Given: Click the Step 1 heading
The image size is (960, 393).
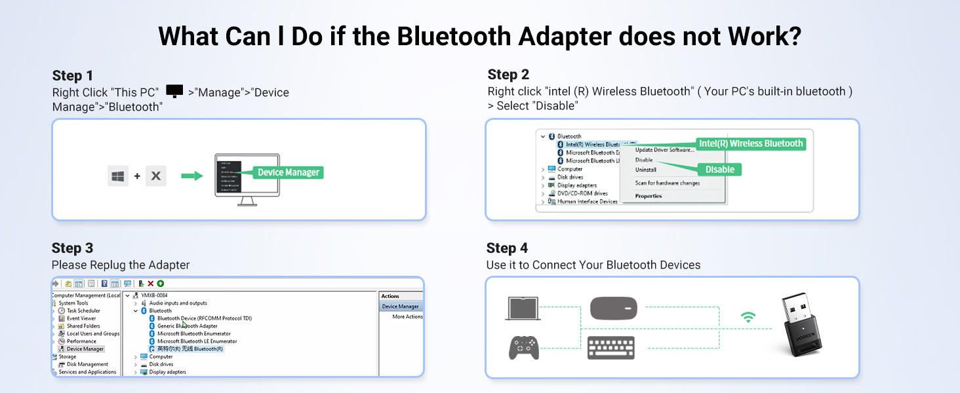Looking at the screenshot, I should point(73,75).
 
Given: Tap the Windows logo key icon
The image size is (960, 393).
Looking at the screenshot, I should point(118,176).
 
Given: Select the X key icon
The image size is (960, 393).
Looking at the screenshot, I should point(156,176).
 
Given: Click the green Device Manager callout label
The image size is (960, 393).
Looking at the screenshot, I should point(289,172).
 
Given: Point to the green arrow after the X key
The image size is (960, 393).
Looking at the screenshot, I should point(192,176).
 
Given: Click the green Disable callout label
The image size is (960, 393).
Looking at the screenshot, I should point(719,170).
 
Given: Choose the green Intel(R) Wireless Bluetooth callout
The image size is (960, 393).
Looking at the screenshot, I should point(750,143).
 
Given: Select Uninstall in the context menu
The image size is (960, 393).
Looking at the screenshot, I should point(645,170).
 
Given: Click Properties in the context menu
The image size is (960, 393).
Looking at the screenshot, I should point(648,196).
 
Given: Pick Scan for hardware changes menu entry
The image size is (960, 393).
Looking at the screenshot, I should point(667,183).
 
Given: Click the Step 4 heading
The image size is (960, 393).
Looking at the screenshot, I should point(507,248).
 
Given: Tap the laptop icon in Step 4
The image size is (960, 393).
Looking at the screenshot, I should point(523,309).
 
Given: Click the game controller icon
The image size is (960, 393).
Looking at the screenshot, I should point(524,347).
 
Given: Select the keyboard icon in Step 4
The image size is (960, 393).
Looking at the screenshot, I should point(610,347).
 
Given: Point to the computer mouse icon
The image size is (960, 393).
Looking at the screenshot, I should point(613,308).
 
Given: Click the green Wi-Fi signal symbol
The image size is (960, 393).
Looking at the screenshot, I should point(748,318).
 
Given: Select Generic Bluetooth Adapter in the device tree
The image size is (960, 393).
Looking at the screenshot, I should point(187,326).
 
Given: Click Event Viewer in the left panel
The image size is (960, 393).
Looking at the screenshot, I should point(81,318).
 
